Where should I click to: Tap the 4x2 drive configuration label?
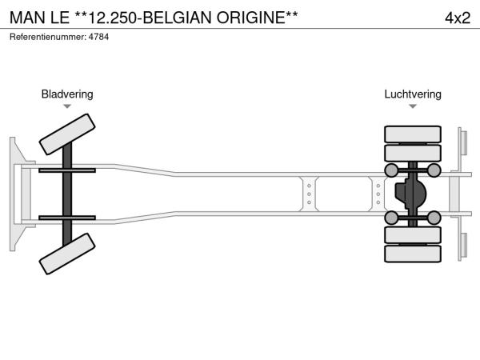click(x=458, y=18)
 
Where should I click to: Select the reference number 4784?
click(x=98, y=37)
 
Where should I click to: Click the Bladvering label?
click(x=67, y=94)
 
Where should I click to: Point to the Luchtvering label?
click(x=413, y=94)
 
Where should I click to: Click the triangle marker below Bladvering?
click(x=67, y=106)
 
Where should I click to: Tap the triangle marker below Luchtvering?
click(x=413, y=106)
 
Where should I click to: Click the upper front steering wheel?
click(x=67, y=134)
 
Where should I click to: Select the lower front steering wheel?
click(x=67, y=254)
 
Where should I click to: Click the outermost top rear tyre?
click(x=413, y=134)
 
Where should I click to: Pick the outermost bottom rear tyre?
click(x=413, y=254)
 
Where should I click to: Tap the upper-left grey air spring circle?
click(x=391, y=170)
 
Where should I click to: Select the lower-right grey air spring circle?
click(x=434, y=218)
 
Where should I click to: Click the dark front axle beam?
click(x=67, y=194)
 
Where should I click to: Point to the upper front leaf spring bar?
click(x=67, y=170)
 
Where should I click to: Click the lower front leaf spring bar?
click(x=67, y=218)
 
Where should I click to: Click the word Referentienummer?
click(x=48, y=37)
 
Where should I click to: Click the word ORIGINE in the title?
click(x=251, y=18)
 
